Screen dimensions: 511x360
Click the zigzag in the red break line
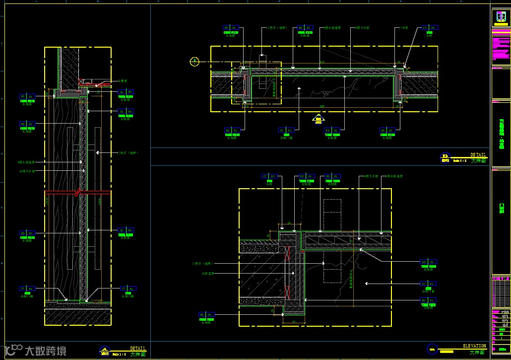coord(77,191)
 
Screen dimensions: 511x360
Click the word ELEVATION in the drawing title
coord(475,346)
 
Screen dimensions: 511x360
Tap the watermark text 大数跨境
coord(45,351)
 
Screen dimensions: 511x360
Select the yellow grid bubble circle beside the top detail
coord(195,62)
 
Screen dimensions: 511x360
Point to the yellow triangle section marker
coord(318,118)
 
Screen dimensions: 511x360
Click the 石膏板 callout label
coord(123,80)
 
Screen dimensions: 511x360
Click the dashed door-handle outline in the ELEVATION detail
coord(332,241)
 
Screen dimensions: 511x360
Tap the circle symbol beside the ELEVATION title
coord(433,349)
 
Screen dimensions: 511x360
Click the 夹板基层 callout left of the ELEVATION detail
coord(207,273)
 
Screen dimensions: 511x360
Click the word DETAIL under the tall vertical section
coord(137,349)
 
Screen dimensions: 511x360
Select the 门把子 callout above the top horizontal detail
coord(273,28)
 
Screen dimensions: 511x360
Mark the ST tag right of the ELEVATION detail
coord(429,284)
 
